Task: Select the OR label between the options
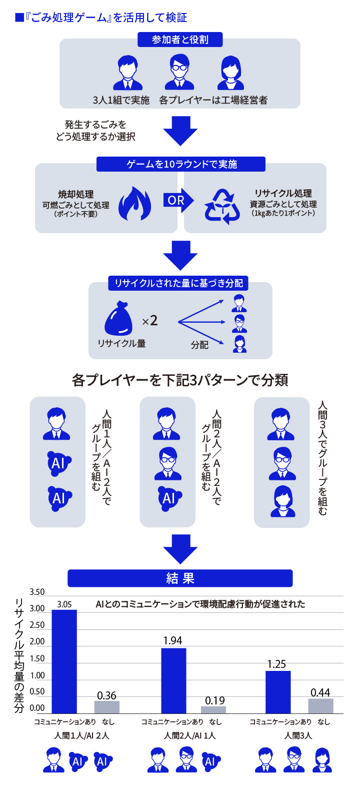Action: [176, 200]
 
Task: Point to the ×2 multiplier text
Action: [149, 321]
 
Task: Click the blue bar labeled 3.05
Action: [64, 660]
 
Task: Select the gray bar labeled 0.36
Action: [107, 706]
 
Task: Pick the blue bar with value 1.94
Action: [173, 680]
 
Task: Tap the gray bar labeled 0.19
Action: [213, 709]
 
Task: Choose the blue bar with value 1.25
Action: [278, 691]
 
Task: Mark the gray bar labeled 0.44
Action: [320, 705]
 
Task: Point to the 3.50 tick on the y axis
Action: [37, 592]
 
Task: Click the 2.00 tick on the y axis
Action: [37, 641]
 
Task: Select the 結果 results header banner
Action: [180, 578]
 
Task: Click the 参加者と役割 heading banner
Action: [180, 40]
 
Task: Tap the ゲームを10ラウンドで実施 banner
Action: [181, 164]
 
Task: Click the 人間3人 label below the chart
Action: [298, 735]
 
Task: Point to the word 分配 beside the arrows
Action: [199, 345]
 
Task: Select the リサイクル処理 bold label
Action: [283, 194]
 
